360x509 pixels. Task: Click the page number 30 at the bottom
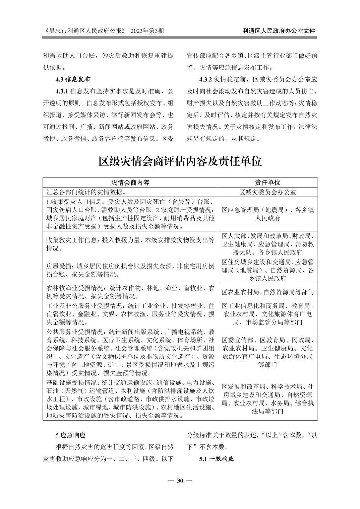click(x=180, y=481)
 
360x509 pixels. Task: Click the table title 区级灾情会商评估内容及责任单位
click(x=180, y=161)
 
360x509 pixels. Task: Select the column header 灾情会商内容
click(x=130, y=183)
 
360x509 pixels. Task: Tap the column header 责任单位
click(x=267, y=183)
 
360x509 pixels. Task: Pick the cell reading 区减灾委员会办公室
click(x=267, y=192)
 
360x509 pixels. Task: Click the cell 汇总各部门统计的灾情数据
click(x=86, y=192)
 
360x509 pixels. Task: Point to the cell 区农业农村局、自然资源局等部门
click(x=267, y=292)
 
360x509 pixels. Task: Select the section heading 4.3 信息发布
click(x=73, y=79)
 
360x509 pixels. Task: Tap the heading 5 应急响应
click(x=70, y=435)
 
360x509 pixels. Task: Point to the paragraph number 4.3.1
click(x=62, y=91)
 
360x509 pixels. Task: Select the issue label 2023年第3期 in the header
click(x=147, y=31)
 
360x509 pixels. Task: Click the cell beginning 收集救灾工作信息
click(x=130, y=244)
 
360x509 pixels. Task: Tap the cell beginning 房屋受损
click(x=130, y=270)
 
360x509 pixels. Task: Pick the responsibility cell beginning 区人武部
click(x=267, y=244)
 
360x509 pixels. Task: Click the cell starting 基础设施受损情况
click(x=130, y=399)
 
